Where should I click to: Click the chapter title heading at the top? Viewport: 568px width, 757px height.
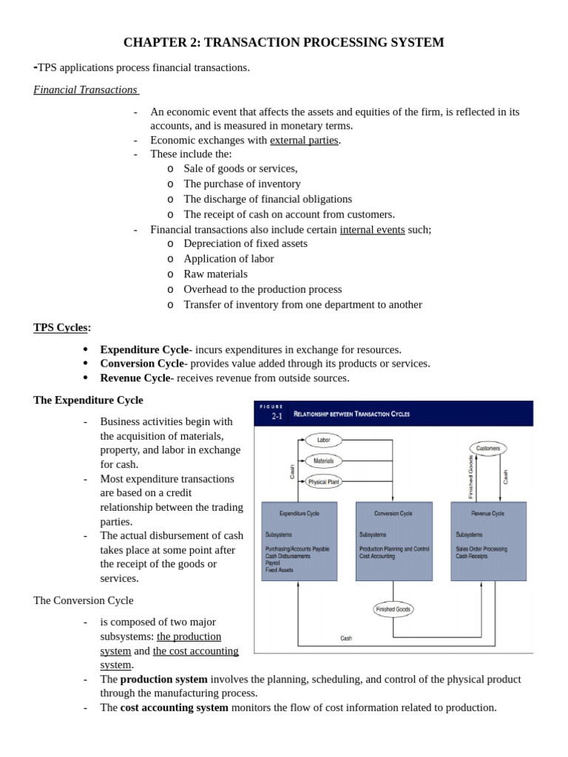(x=284, y=42)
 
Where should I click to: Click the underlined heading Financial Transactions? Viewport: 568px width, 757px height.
(x=86, y=89)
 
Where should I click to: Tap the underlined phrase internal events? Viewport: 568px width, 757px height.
(x=372, y=229)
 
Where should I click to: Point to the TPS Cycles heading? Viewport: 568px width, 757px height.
(x=62, y=327)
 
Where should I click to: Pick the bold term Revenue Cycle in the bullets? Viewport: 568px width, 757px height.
(x=135, y=378)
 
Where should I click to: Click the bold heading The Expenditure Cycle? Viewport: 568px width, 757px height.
(x=88, y=400)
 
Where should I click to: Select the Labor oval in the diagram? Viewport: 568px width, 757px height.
(x=323, y=440)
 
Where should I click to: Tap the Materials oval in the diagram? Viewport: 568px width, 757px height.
(x=323, y=461)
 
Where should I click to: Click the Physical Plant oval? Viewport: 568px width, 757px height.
(x=322, y=481)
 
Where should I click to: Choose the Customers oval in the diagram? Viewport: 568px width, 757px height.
(x=488, y=448)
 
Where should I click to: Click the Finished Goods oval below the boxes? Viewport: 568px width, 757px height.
(x=393, y=609)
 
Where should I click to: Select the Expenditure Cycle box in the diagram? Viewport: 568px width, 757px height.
(x=300, y=542)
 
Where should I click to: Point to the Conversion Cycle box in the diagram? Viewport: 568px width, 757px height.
(x=393, y=542)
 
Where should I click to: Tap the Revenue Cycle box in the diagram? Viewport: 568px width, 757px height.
(x=488, y=542)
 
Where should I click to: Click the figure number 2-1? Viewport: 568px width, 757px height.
(x=277, y=417)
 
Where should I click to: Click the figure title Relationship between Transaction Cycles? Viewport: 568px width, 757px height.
(x=351, y=414)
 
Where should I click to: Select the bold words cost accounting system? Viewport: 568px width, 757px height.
(x=174, y=707)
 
